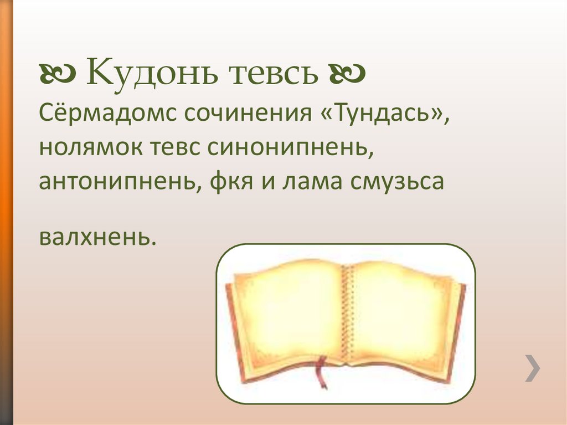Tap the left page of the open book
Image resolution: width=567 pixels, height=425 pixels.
click(x=288, y=316)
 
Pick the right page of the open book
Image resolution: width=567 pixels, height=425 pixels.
click(x=404, y=316)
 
